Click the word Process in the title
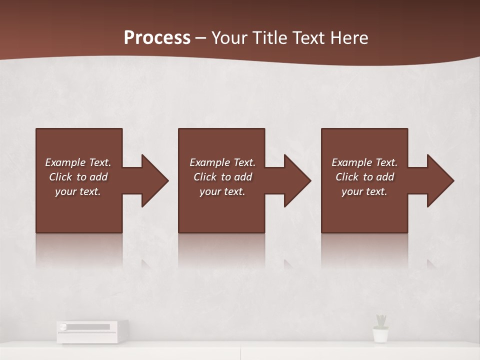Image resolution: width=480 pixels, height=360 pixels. click(x=157, y=38)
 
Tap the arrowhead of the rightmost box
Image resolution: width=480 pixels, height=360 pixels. click(x=439, y=180)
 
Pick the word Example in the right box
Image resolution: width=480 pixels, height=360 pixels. click(x=352, y=162)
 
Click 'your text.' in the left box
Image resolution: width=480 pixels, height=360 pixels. click(x=78, y=191)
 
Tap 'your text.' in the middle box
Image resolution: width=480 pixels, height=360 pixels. click(x=222, y=191)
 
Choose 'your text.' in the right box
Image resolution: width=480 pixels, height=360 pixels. click(x=364, y=191)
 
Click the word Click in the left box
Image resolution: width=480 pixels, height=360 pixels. click(x=60, y=177)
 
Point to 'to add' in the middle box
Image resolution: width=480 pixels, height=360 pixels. click(x=236, y=177)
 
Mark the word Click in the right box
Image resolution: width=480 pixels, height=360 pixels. click(x=347, y=177)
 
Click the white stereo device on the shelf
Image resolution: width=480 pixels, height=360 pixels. click(x=92, y=331)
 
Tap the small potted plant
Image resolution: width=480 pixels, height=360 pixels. click(x=381, y=321)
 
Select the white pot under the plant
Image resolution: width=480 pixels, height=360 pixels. click(x=381, y=335)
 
